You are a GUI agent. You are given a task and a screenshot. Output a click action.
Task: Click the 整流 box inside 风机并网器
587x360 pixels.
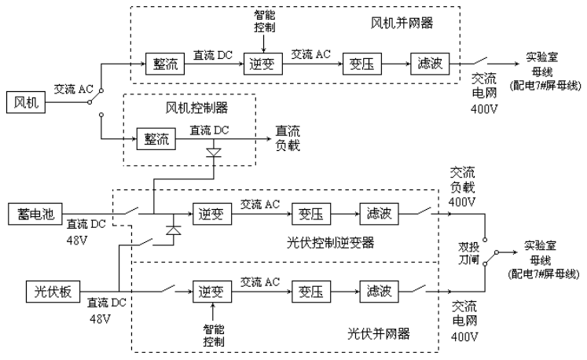click(x=165, y=64)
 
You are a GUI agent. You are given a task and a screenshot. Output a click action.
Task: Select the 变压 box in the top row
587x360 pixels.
click(x=359, y=64)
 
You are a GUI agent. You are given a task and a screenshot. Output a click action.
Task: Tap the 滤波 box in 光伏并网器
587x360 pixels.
click(x=379, y=292)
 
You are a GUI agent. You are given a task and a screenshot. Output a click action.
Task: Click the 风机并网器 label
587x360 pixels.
click(x=402, y=20)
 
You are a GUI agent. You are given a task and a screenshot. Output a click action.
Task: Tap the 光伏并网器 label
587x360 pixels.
click(x=378, y=333)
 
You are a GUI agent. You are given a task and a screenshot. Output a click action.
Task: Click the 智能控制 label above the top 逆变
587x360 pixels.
click(x=265, y=21)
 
